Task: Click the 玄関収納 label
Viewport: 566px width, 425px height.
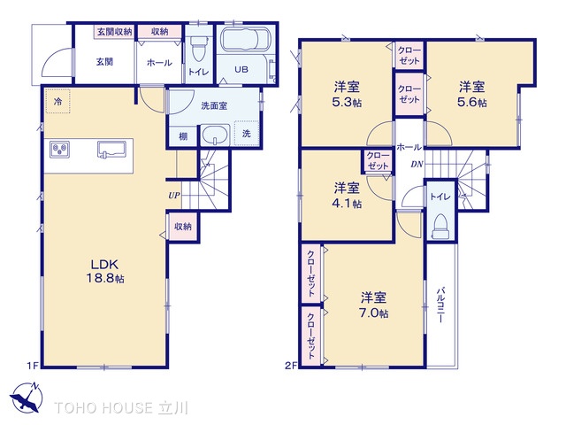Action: coord(114,32)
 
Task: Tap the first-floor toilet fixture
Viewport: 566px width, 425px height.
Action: coord(197,49)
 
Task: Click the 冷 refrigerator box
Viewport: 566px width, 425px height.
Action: coord(57,102)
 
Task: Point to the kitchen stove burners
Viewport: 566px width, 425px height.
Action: coord(60,149)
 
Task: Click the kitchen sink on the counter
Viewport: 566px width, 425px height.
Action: coord(111,150)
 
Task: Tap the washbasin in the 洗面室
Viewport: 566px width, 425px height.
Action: coord(215,135)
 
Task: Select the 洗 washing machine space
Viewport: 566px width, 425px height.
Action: coord(246,134)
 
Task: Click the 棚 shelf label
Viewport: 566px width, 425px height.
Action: coord(183,136)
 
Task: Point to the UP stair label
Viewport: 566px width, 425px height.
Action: coord(174,196)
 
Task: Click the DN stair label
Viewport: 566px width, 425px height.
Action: coord(417,165)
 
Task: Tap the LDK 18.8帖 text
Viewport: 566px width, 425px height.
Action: coord(105,271)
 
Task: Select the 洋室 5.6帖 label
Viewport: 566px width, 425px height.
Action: coord(471,95)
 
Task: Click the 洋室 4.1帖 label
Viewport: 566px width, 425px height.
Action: coord(347,196)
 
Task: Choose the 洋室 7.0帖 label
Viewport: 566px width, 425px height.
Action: coord(373,305)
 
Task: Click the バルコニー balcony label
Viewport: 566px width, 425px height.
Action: coord(440,305)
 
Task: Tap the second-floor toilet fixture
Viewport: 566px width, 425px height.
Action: coord(440,227)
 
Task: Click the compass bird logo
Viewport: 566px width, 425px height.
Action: coord(27,398)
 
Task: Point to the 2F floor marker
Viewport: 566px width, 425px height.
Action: coord(290,366)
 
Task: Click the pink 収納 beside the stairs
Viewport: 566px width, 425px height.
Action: coord(183,227)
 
